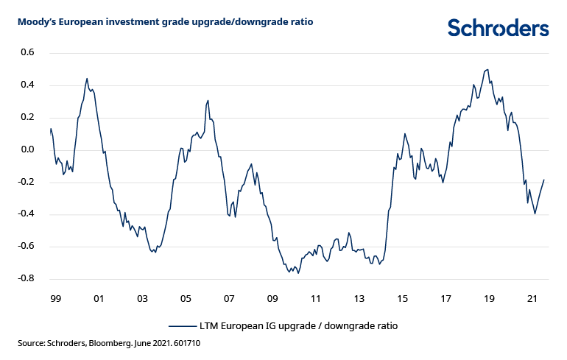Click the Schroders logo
tap(499, 28)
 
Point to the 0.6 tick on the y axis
tap(28, 53)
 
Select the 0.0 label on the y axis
tap(28, 150)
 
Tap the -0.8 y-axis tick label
tap(27, 279)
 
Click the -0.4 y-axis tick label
tap(27, 214)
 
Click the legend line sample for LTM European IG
tap(182, 325)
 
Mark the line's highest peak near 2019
tap(487, 69)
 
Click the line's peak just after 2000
tap(87, 79)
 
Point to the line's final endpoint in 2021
tap(544, 180)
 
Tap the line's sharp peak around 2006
tap(208, 101)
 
